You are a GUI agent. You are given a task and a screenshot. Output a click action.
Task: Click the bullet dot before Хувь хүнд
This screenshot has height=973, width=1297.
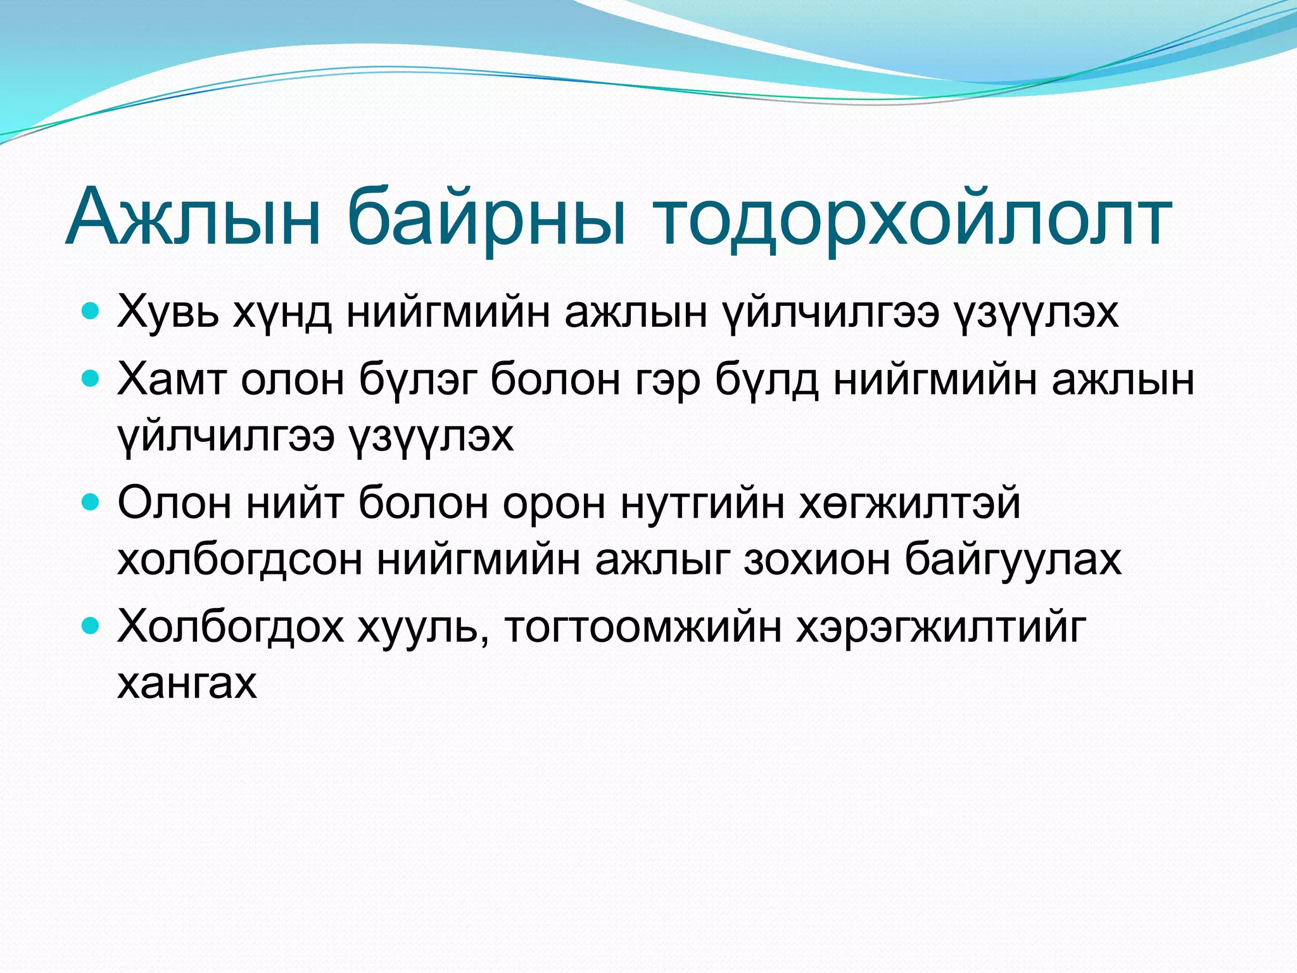click(x=91, y=311)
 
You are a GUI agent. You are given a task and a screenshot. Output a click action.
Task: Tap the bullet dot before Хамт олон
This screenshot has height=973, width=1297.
click(x=91, y=379)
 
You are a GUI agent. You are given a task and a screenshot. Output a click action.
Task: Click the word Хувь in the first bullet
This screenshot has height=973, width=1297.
click(x=168, y=312)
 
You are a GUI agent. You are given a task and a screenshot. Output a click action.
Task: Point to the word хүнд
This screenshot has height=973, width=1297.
click(x=282, y=312)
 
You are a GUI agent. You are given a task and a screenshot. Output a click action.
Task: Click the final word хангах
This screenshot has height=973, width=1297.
click(x=187, y=684)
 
